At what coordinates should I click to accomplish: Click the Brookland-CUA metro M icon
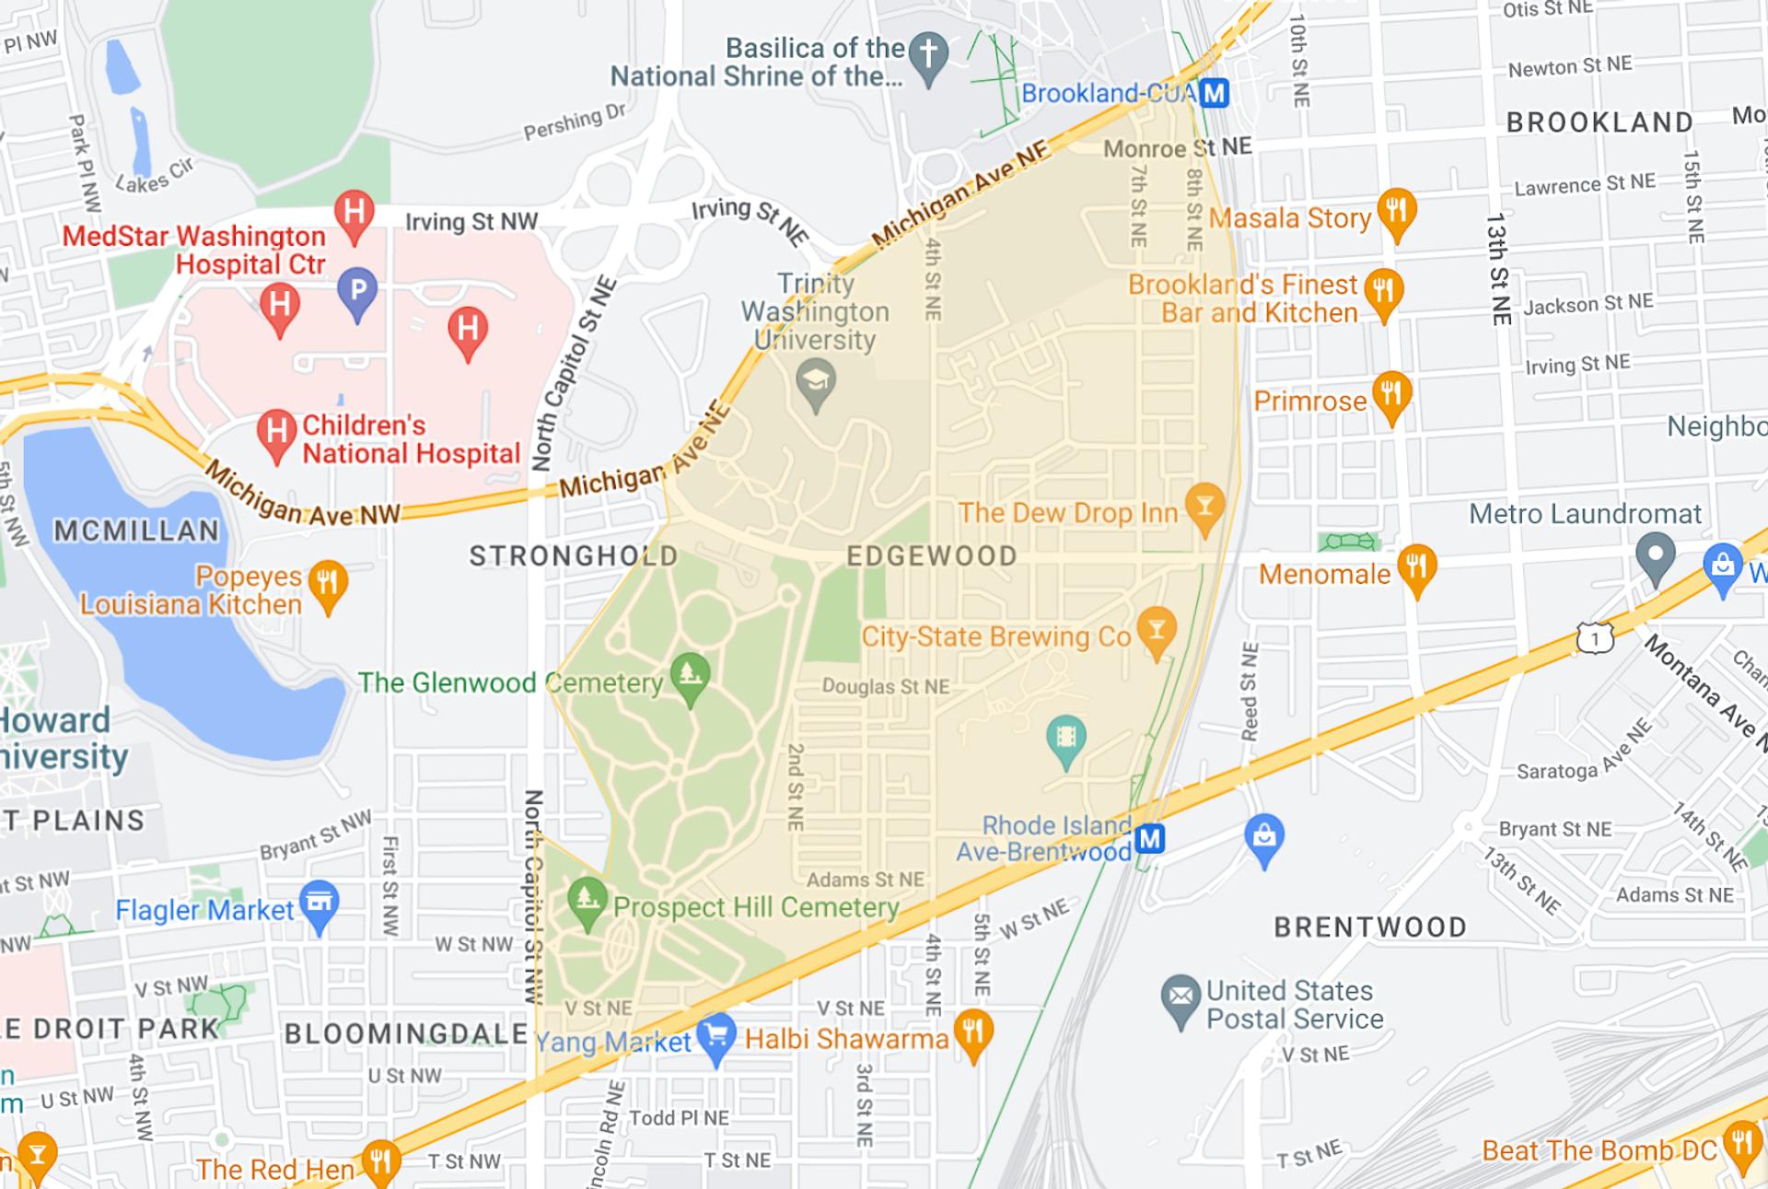point(1215,93)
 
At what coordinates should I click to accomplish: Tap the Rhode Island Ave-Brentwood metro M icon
point(1149,838)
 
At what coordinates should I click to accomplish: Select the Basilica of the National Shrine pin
point(928,54)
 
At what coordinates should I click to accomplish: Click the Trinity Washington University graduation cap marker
point(816,380)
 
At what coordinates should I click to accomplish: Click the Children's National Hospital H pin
point(276,431)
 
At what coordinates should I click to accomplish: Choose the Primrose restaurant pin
point(1391,394)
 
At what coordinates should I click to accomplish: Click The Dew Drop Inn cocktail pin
point(1204,506)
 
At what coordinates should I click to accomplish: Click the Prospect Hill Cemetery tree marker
point(587,899)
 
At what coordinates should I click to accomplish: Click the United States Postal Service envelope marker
point(1181,998)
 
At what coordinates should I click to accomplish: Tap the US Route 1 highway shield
point(1594,637)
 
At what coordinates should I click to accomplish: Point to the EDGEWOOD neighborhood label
point(932,556)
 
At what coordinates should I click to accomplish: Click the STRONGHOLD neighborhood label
point(574,556)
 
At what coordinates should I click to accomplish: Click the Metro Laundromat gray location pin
point(1655,555)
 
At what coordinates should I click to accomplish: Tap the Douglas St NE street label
point(885,687)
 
